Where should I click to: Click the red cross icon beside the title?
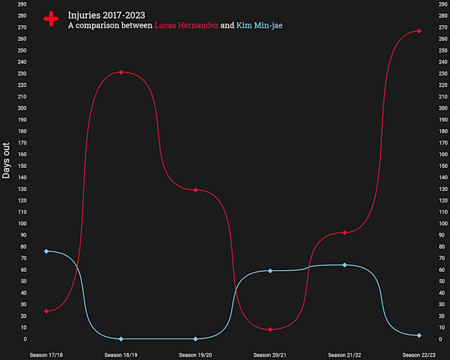[x=51, y=19]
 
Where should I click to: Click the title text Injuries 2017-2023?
[x=107, y=15]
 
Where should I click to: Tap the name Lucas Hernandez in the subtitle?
[x=186, y=25]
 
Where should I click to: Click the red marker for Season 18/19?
[x=120, y=72]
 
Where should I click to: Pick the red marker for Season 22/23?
[x=419, y=30]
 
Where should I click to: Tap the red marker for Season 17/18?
[x=46, y=311]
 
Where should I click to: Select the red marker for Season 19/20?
[x=195, y=190]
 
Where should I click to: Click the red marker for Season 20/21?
[x=270, y=330]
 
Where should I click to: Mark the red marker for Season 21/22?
[x=345, y=232]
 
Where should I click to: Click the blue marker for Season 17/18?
[x=46, y=251]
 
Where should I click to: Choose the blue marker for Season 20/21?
[x=270, y=271]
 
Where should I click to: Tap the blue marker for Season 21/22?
[x=345, y=265]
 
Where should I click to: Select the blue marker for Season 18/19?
[x=120, y=339]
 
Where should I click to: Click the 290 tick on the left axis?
[x=22, y=4]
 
